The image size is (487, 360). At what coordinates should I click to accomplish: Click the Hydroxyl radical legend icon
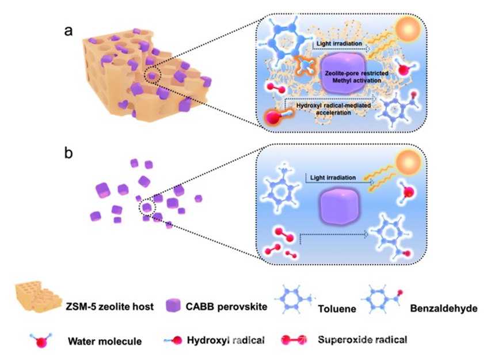coord(173,339)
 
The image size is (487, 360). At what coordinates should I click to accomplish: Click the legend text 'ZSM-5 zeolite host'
coord(112,306)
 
